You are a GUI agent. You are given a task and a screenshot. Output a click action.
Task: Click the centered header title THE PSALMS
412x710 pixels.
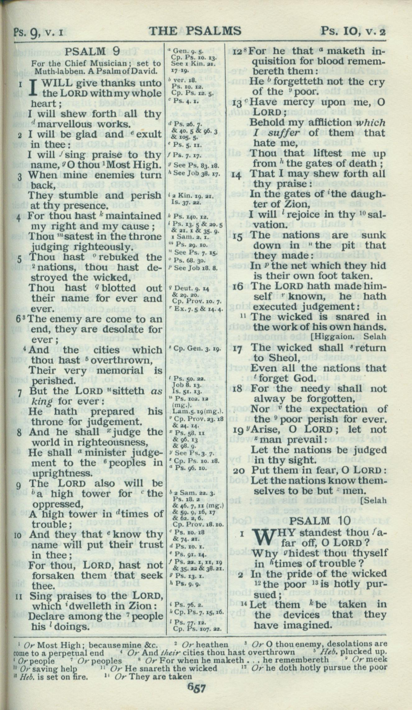[195, 31]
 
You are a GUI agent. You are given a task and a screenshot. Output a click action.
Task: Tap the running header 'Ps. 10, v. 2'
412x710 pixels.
[353, 31]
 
